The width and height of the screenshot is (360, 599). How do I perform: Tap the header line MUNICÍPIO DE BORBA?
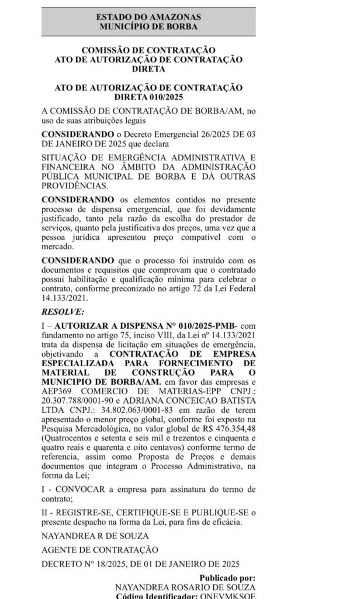point(148,27)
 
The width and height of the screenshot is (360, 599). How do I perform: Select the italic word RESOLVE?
point(63,311)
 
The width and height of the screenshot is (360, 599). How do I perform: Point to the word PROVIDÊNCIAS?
point(75,185)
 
